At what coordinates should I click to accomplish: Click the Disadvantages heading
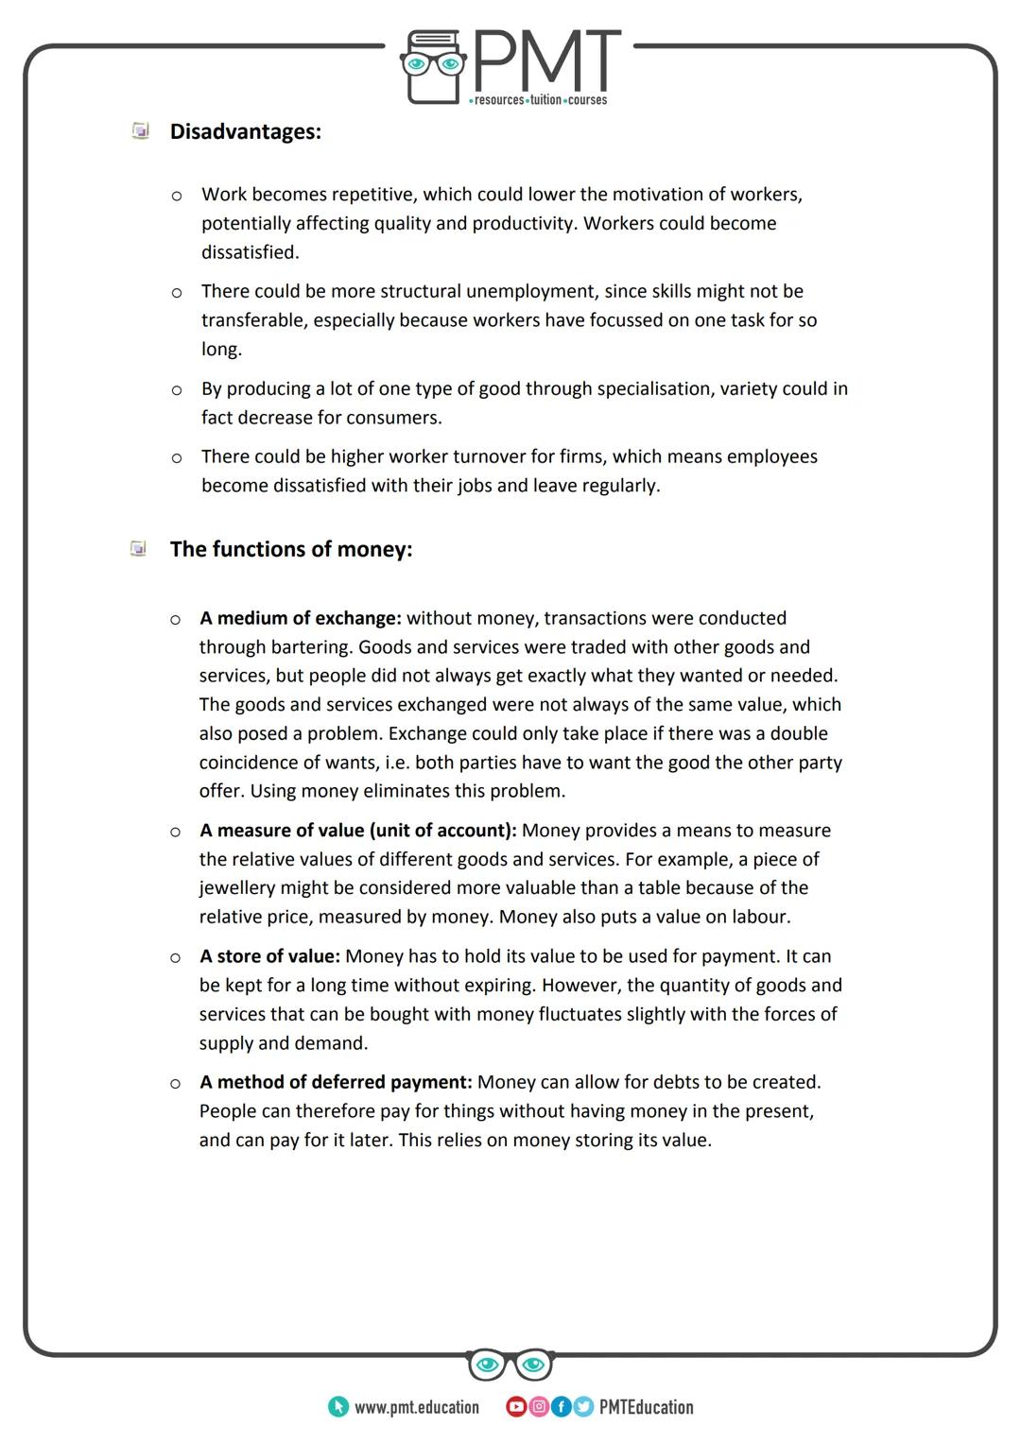pyautogui.click(x=245, y=131)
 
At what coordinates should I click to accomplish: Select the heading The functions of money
pyautogui.click(x=290, y=549)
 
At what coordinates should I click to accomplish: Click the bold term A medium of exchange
pyautogui.click(x=301, y=618)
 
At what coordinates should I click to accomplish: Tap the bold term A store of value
pyautogui.click(x=269, y=956)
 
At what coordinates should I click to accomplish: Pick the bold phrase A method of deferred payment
pyautogui.click(x=336, y=1081)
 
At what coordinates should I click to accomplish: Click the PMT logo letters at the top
pyautogui.click(x=545, y=61)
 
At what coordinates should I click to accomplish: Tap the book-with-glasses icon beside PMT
pyautogui.click(x=433, y=66)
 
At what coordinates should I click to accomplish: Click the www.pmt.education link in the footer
pyautogui.click(x=416, y=1407)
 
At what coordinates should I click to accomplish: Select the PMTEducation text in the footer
pyautogui.click(x=646, y=1407)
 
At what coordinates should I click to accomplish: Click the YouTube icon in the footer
pyautogui.click(x=516, y=1407)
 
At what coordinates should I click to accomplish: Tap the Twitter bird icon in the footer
pyautogui.click(x=582, y=1407)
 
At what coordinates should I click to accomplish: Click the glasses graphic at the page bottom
pyautogui.click(x=510, y=1365)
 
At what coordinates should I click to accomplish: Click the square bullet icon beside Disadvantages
pyautogui.click(x=140, y=130)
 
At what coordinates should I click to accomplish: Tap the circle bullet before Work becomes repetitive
pyautogui.click(x=176, y=196)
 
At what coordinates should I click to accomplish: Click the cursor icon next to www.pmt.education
pyautogui.click(x=337, y=1407)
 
